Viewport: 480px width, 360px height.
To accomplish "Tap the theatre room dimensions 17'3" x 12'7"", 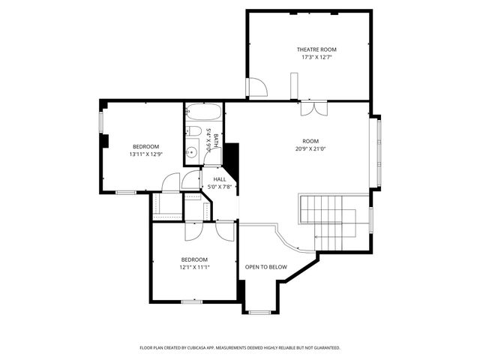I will click(316, 57).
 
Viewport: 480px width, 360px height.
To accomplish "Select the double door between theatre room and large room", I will click(313, 108).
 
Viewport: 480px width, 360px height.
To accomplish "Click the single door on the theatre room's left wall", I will click(256, 88).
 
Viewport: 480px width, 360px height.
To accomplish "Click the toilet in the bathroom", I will click(193, 133).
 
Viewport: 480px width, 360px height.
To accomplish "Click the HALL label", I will click(220, 179).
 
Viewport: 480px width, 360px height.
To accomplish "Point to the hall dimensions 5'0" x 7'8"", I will click(220, 187).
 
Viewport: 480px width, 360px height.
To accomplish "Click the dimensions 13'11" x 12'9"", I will click(145, 154).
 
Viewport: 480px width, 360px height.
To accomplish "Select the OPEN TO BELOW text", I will click(266, 266).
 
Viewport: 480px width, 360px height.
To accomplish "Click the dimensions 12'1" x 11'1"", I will click(194, 266).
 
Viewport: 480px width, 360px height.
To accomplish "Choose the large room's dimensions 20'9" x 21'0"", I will click(310, 148).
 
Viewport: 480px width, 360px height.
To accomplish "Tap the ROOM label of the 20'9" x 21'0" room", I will click(310, 141).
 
